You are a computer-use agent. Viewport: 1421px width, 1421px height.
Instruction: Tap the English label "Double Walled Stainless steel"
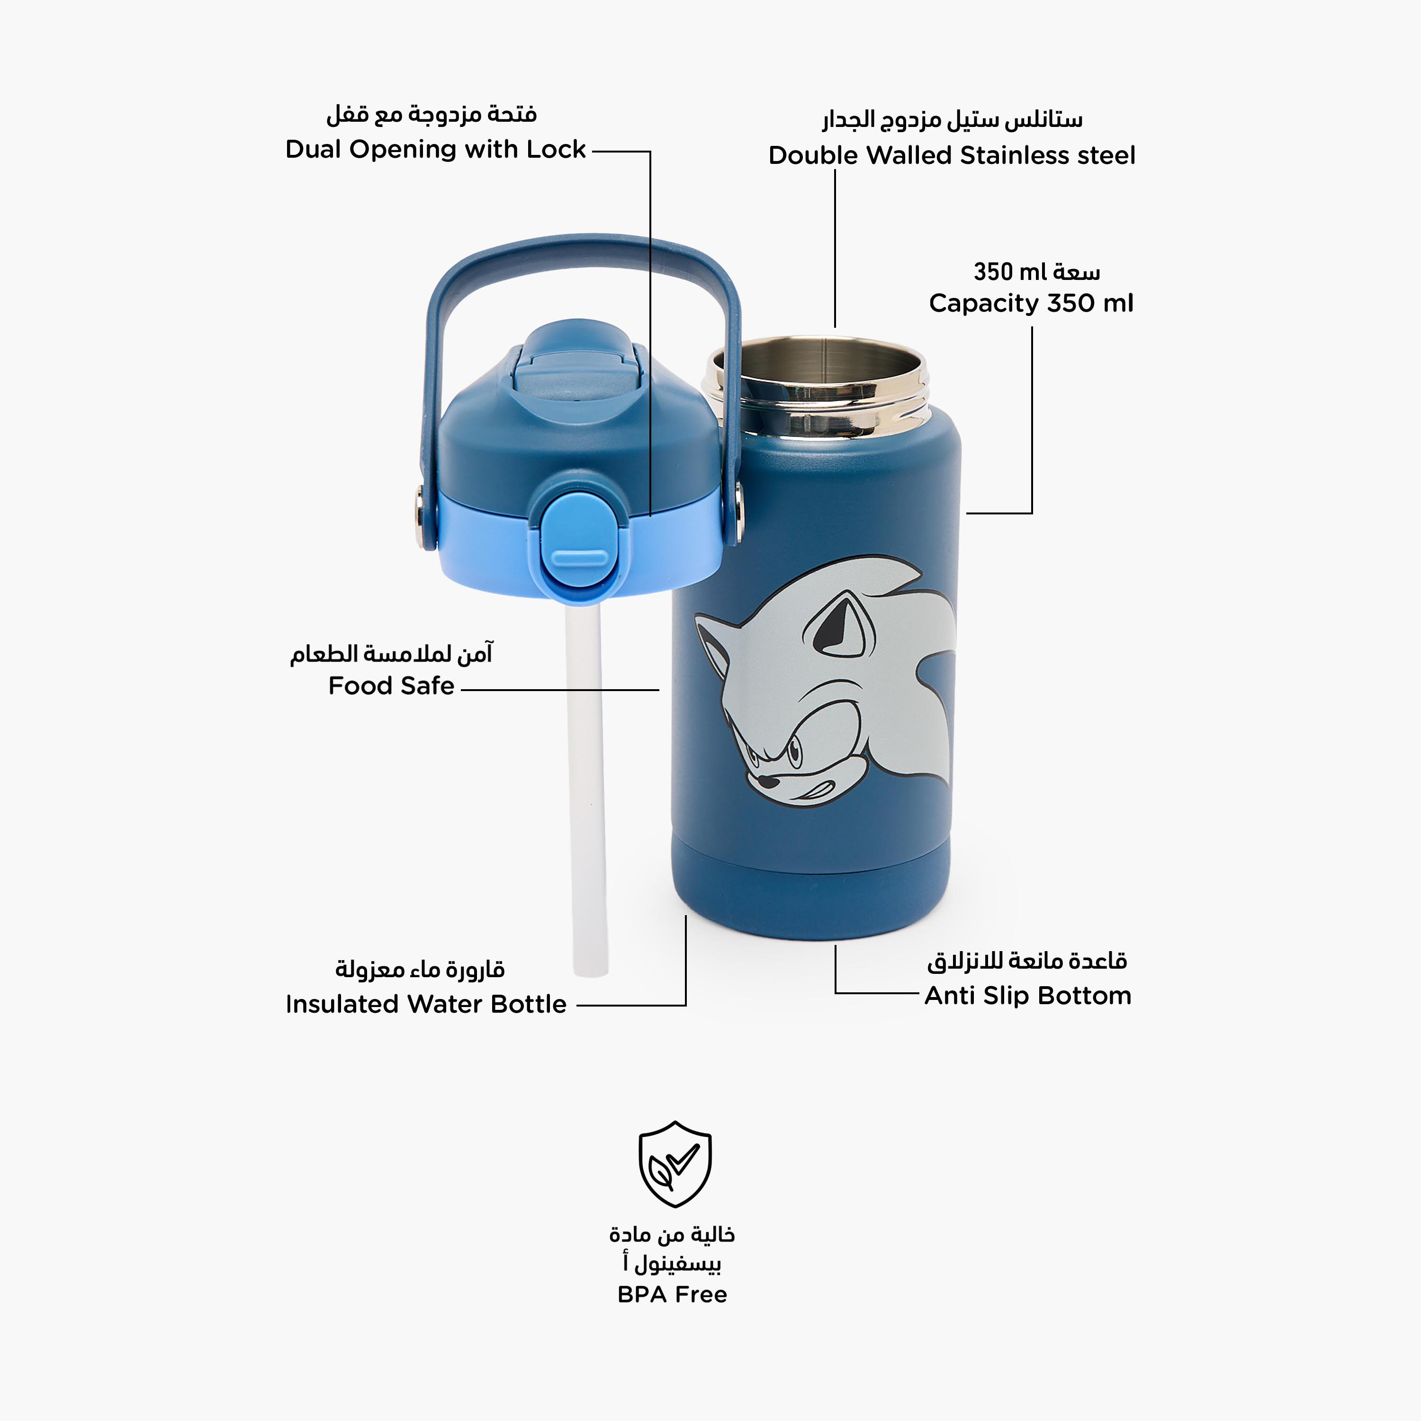pos(952,155)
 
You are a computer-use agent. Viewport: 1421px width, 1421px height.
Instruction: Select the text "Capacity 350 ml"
pos(1031,303)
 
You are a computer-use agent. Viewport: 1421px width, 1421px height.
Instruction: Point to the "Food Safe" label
pos(391,685)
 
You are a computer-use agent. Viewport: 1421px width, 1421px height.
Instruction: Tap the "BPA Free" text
pos(672,1295)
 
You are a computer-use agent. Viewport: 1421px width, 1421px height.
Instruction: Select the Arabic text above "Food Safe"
pos(391,653)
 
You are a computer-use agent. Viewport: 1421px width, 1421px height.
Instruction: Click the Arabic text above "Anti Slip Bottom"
pos(1027,961)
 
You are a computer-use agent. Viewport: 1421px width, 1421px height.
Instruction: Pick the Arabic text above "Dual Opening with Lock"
pos(432,115)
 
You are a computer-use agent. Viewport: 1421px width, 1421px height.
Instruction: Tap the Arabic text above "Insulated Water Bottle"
pos(420,970)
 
